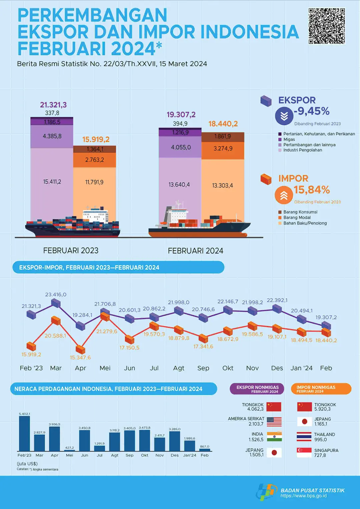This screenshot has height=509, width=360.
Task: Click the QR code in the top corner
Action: pos(326,26)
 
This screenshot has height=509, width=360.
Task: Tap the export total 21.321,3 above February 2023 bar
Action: pos(53,105)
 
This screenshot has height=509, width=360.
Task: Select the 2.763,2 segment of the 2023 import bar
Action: pos(95,160)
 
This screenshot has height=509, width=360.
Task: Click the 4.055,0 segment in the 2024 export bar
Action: pos(181,147)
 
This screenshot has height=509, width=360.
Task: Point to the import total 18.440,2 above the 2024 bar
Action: pos(223,124)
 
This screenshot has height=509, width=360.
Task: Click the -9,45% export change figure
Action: pos(312,111)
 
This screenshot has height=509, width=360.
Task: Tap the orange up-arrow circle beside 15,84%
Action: pos(284,195)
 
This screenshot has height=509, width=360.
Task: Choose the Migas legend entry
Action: pos(289,139)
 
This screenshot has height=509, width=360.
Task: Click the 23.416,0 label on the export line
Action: pos(56,295)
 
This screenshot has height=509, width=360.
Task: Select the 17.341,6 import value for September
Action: pos(203,347)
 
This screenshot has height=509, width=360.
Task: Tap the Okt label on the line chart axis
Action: pos(228,368)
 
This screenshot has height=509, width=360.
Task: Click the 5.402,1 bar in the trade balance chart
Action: pos(24,433)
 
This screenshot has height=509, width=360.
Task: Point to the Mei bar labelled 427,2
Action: pos(69,450)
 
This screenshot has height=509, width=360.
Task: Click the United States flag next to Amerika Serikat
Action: pos(274,422)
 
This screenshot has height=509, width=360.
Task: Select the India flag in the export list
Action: pos(274,437)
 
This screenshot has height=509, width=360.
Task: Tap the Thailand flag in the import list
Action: pos(304,437)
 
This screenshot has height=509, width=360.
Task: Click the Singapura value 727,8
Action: pos(320,455)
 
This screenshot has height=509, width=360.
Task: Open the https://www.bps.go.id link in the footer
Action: pos(303,496)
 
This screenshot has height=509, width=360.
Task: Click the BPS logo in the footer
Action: pos(267,492)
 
